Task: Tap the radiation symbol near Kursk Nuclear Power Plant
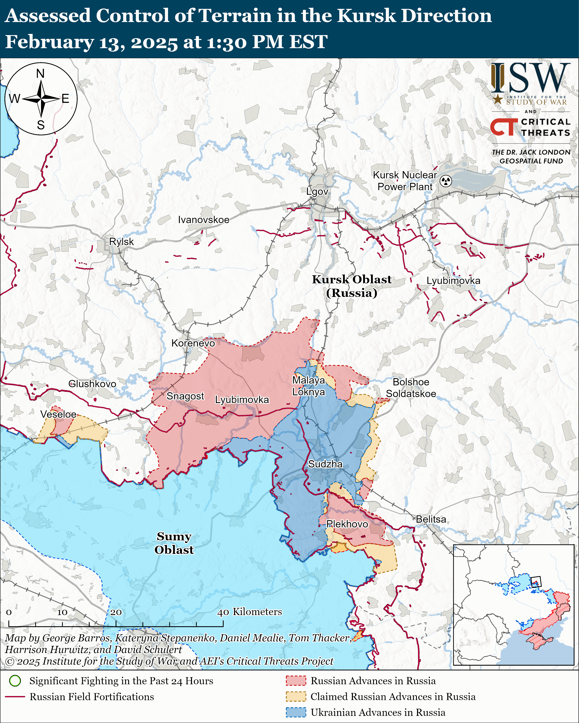coord(446,181)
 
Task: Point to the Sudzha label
coord(325,464)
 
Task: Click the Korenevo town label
coord(193,343)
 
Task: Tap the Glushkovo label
coord(92,384)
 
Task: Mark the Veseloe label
coord(58,414)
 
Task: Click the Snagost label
coord(185,396)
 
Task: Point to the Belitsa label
coord(431,519)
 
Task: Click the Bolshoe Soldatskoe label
coord(411,388)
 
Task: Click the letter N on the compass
coord(40,73)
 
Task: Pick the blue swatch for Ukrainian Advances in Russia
coord(296,712)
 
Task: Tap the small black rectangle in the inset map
coord(536,582)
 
